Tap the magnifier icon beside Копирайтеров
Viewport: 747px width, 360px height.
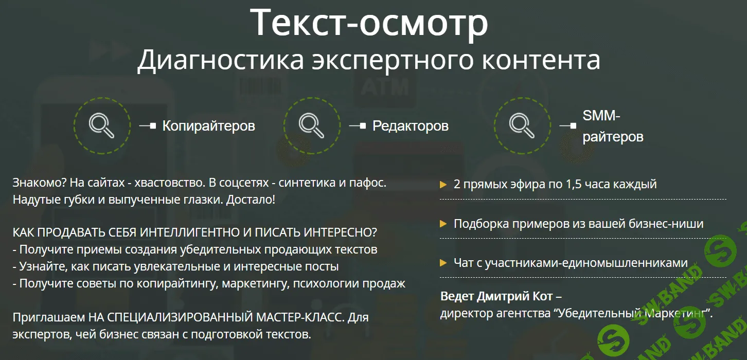click(x=101, y=125)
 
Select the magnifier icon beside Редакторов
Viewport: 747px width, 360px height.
click(x=311, y=125)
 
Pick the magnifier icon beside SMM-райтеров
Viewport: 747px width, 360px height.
click(x=522, y=125)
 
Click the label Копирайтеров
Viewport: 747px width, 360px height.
click(x=208, y=126)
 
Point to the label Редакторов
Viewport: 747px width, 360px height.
click(x=410, y=126)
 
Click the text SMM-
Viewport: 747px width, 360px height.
click(x=601, y=116)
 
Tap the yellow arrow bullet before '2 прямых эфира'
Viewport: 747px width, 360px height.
click(x=443, y=184)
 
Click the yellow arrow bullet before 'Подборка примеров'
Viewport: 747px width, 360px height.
click(x=443, y=224)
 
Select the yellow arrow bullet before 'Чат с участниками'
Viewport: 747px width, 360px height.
click(x=443, y=263)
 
